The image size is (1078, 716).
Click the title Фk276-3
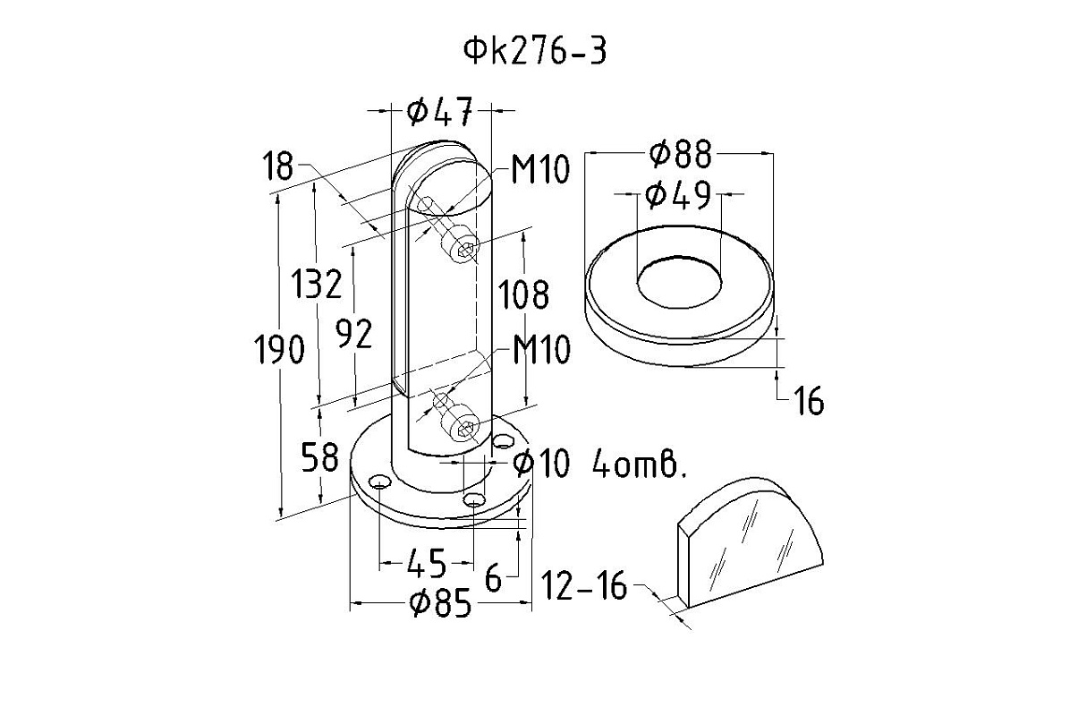(534, 52)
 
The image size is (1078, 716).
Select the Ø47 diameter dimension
(437, 112)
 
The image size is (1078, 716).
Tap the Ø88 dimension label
(682, 155)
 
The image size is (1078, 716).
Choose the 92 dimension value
(353, 332)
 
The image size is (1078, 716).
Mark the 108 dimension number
(523, 294)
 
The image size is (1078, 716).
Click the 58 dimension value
(318, 456)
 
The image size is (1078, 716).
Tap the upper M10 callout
(540, 169)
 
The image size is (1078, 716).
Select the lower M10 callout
(540, 351)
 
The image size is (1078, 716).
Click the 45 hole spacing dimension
(426, 564)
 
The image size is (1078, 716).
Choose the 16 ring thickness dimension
(808, 403)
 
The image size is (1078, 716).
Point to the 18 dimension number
(278, 166)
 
